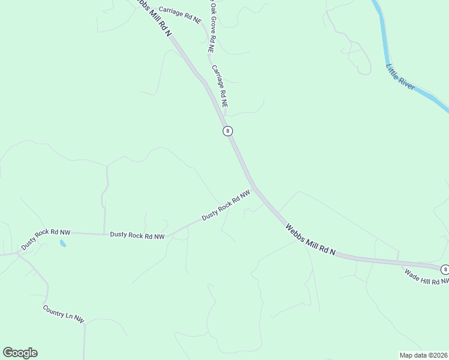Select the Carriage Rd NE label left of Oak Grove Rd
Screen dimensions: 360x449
tap(181, 17)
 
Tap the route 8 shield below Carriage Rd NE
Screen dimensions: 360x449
tap(228, 131)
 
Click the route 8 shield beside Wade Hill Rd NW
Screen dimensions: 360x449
tap(444, 269)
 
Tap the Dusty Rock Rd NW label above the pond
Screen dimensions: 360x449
tap(46, 239)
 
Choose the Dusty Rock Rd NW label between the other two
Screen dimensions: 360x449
tap(137, 235)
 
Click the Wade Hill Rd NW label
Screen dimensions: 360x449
tap(426, 277)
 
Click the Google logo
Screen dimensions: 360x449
tap(20, 353)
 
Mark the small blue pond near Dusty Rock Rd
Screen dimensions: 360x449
tap(62, 244)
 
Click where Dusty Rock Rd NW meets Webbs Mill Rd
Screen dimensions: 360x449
tap(255, 188)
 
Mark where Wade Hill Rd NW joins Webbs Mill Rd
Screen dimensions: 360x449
tap(401, 264)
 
